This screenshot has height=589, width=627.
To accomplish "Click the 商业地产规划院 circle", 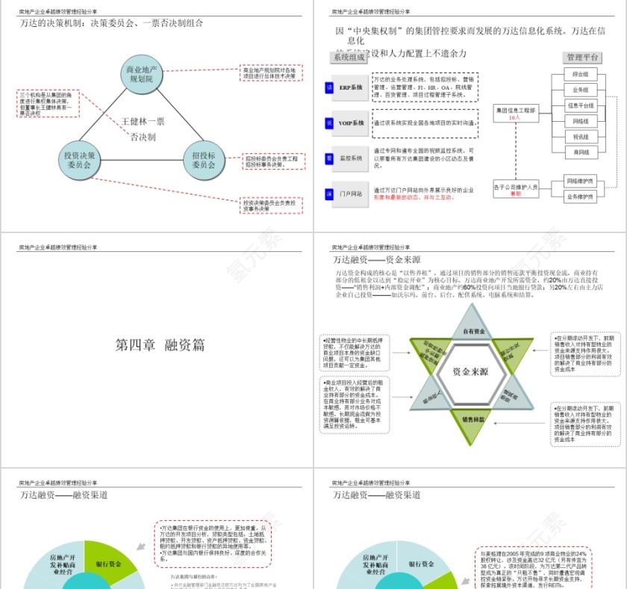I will [x=141, y=74].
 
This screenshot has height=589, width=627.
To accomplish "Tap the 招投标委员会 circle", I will [x=204, y=160].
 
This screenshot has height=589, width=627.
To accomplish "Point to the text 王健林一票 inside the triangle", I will [x=143, y=121].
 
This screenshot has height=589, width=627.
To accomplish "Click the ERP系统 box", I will [x=351, y=88].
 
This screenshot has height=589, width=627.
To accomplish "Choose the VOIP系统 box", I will [x=351, y=123].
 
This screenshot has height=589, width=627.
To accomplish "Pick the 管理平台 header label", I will [x=583, y=58].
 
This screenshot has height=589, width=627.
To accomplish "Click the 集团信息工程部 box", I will [x=516, y=113].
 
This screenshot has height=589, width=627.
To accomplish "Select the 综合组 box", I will [x=580, y=74].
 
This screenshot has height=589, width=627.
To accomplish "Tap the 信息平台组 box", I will [x=580, y=105].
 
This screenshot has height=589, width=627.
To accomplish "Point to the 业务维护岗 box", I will [x=580, y=197].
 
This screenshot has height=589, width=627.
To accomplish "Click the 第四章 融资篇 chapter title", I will [x=160, y=345].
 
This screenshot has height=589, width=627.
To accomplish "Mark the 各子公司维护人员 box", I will [x=516, y=189].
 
